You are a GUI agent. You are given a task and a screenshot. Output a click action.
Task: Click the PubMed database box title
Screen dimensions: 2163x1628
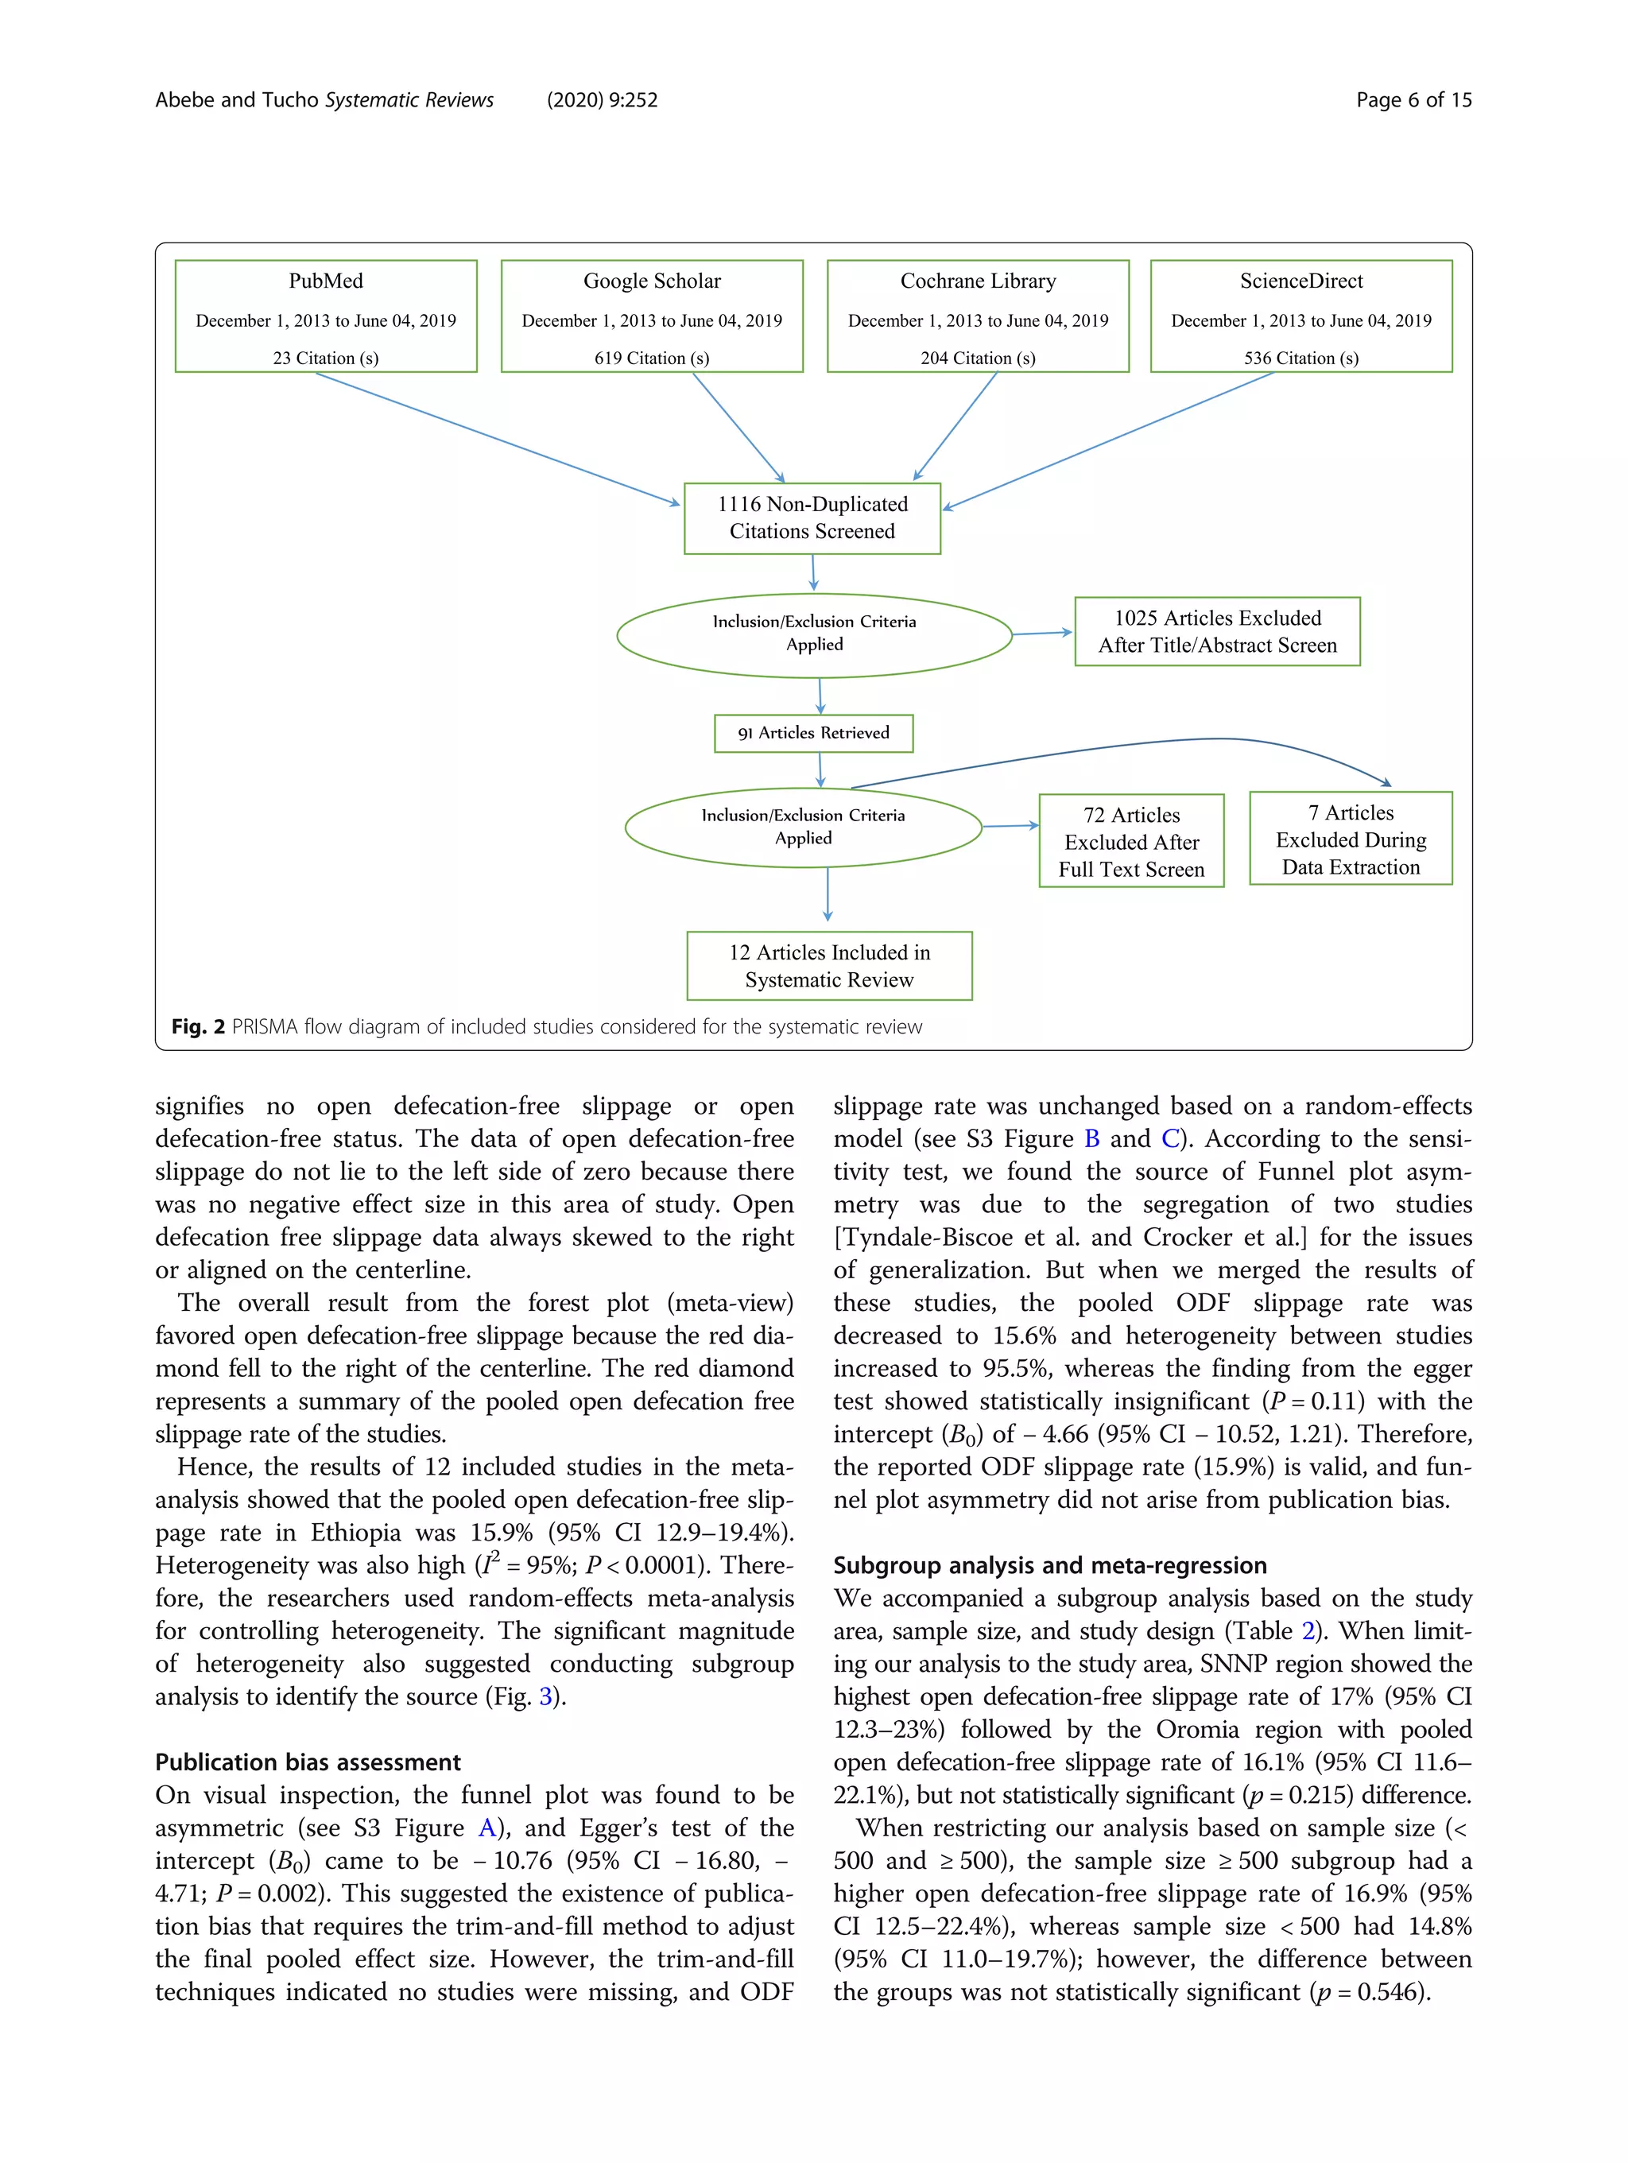pos(326,281)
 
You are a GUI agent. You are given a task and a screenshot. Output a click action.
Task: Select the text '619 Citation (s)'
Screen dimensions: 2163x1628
pos(651,358)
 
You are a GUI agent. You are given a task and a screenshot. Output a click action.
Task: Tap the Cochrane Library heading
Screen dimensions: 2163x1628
pos(978,281)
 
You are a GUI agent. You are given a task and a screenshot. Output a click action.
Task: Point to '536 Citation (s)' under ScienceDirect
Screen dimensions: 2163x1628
pos(1300,358)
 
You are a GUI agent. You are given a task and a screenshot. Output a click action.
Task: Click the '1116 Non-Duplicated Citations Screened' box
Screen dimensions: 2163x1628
pos(812,518)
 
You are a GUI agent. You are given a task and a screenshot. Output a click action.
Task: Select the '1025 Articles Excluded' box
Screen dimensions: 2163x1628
pos(1216,632)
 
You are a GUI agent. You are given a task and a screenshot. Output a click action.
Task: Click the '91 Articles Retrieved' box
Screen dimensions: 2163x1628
pos(813,734)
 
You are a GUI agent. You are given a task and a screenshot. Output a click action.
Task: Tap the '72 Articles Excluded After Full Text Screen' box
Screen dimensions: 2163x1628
pos(1131,841)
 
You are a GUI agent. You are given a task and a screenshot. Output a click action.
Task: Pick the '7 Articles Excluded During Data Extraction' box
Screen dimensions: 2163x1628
pos(1351,839)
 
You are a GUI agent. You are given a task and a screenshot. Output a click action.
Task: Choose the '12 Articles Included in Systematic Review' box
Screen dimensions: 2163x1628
pos(829,966)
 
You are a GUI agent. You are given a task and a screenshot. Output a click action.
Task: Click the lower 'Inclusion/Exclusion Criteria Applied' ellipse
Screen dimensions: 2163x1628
pos(803,828)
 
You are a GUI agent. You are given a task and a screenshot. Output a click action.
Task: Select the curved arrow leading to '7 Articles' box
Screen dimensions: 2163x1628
pos(1173,742)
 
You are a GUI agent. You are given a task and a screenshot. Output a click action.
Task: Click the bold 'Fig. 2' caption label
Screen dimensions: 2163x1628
pos(197,1027)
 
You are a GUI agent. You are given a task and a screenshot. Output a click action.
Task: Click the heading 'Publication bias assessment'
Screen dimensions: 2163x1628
pos(307,1762)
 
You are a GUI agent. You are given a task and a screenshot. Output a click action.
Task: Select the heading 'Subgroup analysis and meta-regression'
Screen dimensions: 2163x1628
pos(1049,1565)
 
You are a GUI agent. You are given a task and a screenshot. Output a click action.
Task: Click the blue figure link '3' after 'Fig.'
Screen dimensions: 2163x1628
pos(545,1696)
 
